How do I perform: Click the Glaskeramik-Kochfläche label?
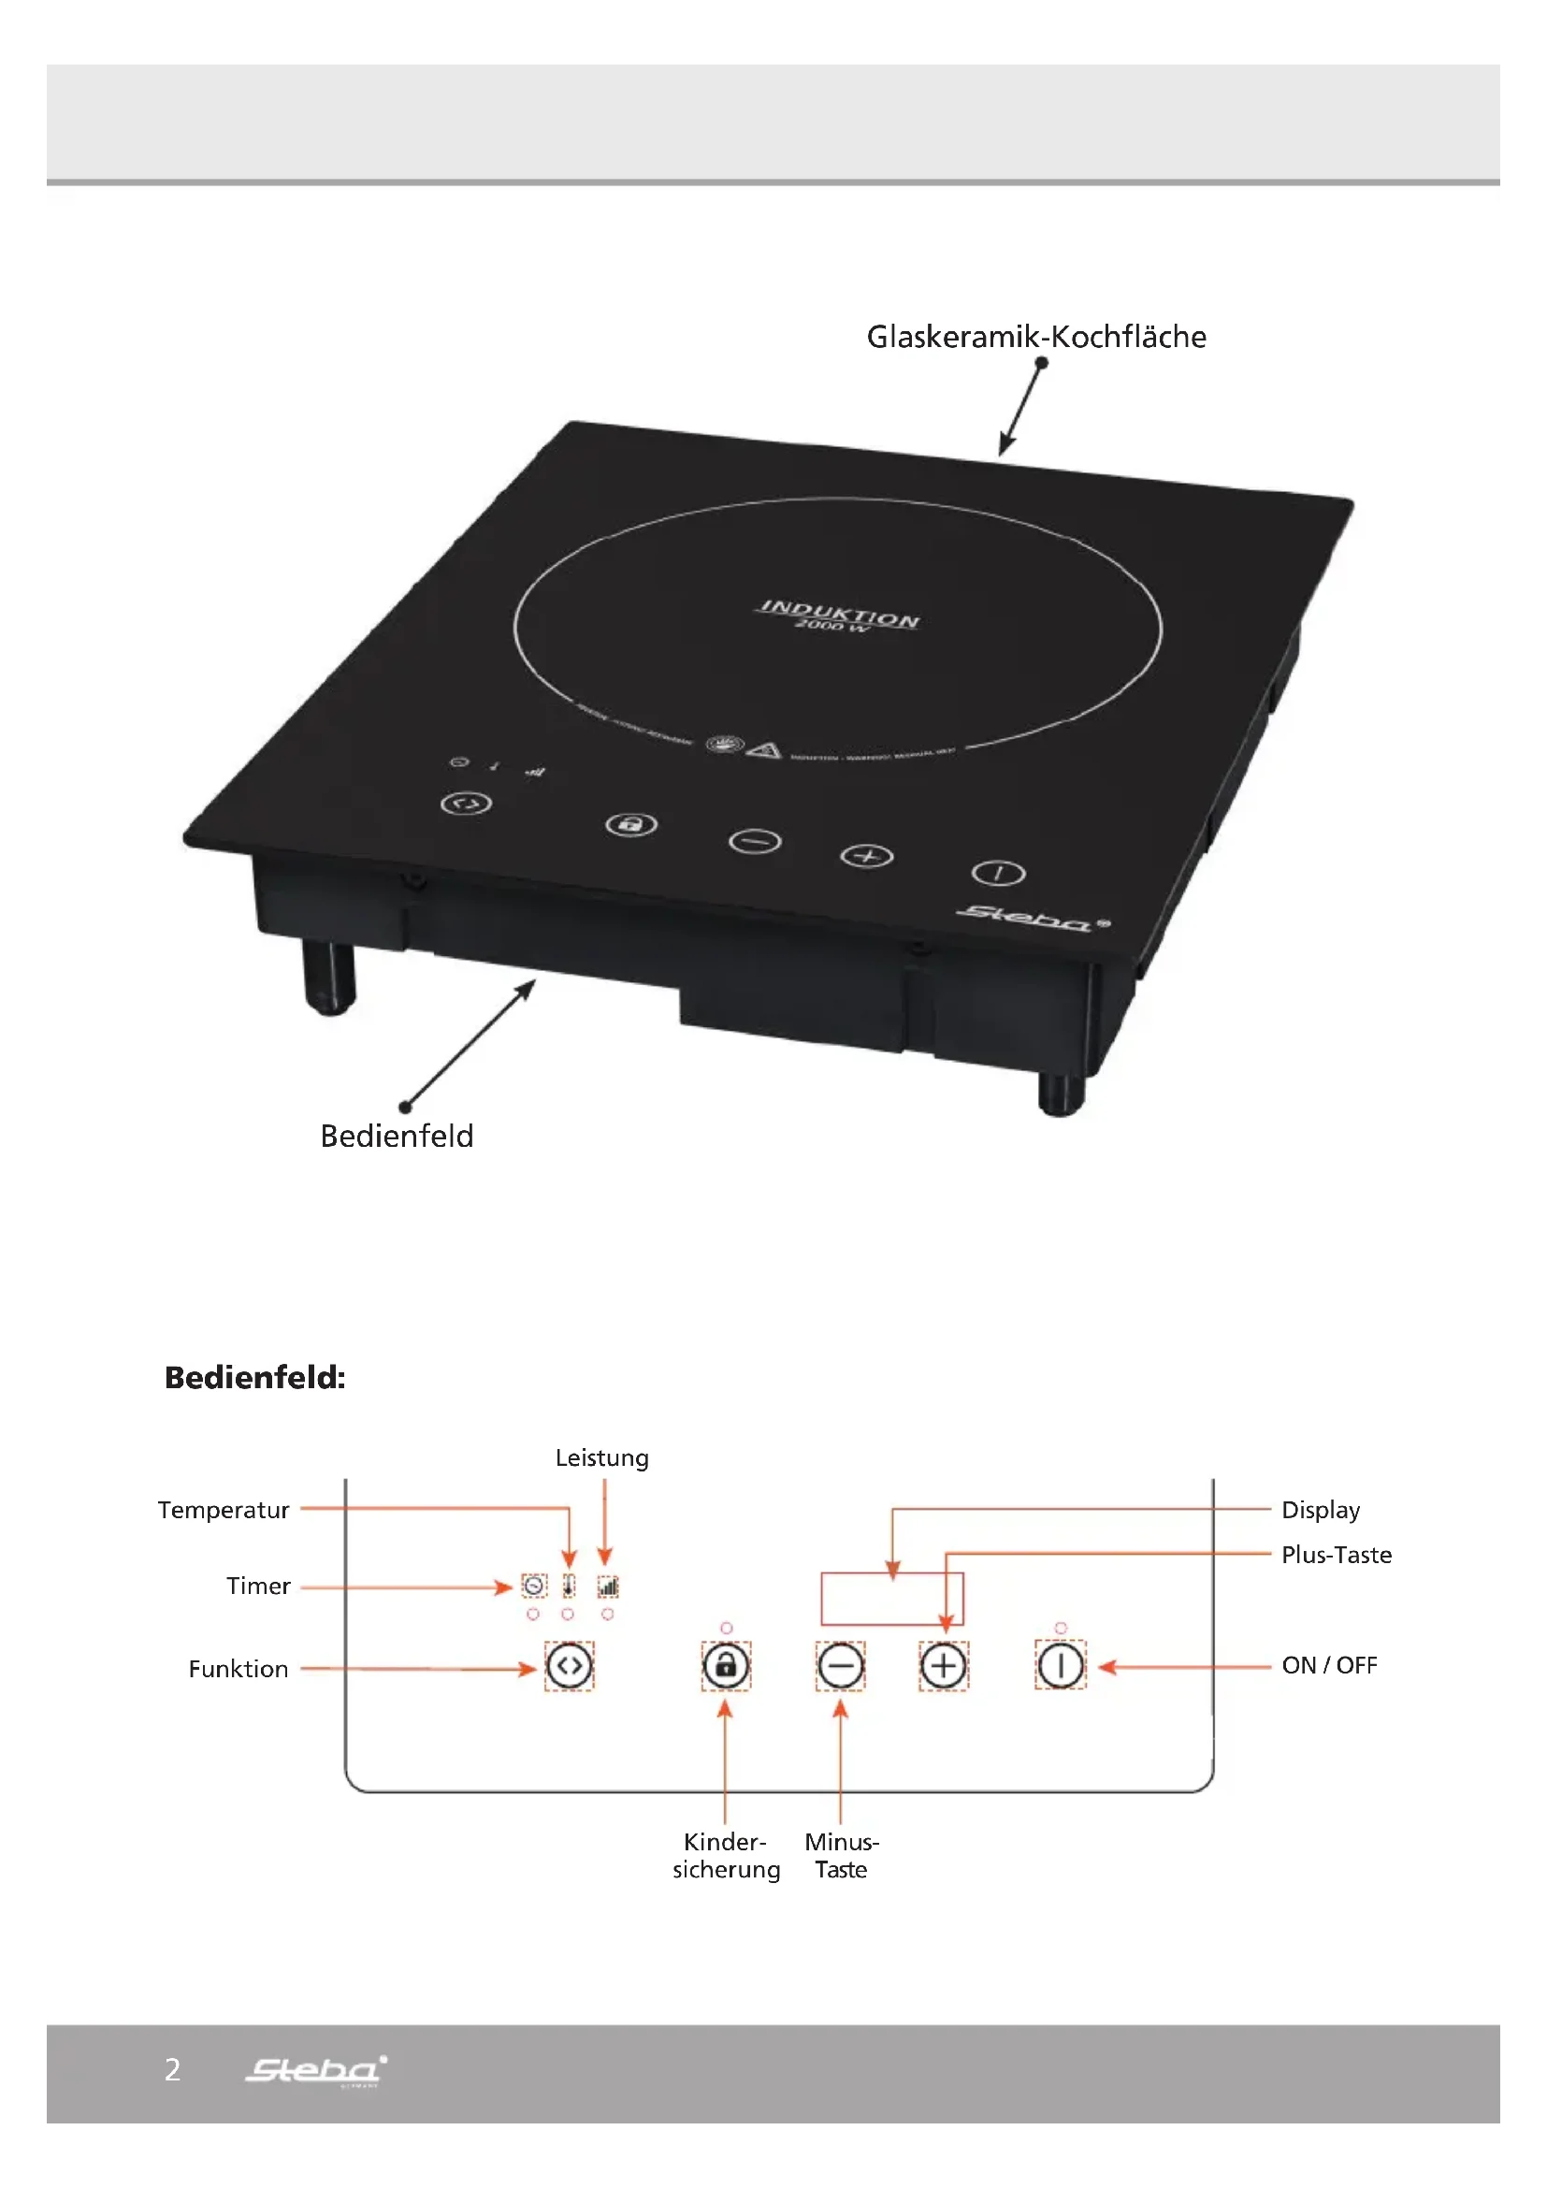(1035, 337)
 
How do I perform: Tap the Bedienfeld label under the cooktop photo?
(397, 1136)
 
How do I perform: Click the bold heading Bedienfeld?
(254, 1377)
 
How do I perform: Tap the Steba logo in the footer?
(315, 2070)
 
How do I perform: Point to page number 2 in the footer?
(172, 2070)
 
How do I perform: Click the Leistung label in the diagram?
(602, 1458)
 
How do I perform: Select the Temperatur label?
(224, 1510)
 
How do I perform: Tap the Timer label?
(258, 1586)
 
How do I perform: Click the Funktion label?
(239, 1669)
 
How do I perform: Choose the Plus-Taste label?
(1336, 1555)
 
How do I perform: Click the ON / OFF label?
(1329, 1665)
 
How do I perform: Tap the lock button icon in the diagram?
(726, 1666)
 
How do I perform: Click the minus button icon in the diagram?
(840, 1666)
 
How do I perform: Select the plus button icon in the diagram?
(943, 1666)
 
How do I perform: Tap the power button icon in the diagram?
(1061, 1666)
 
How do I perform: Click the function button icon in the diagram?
(569, 1666)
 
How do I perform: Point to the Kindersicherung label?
(726, 1854)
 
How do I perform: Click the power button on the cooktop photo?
(998, 873)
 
